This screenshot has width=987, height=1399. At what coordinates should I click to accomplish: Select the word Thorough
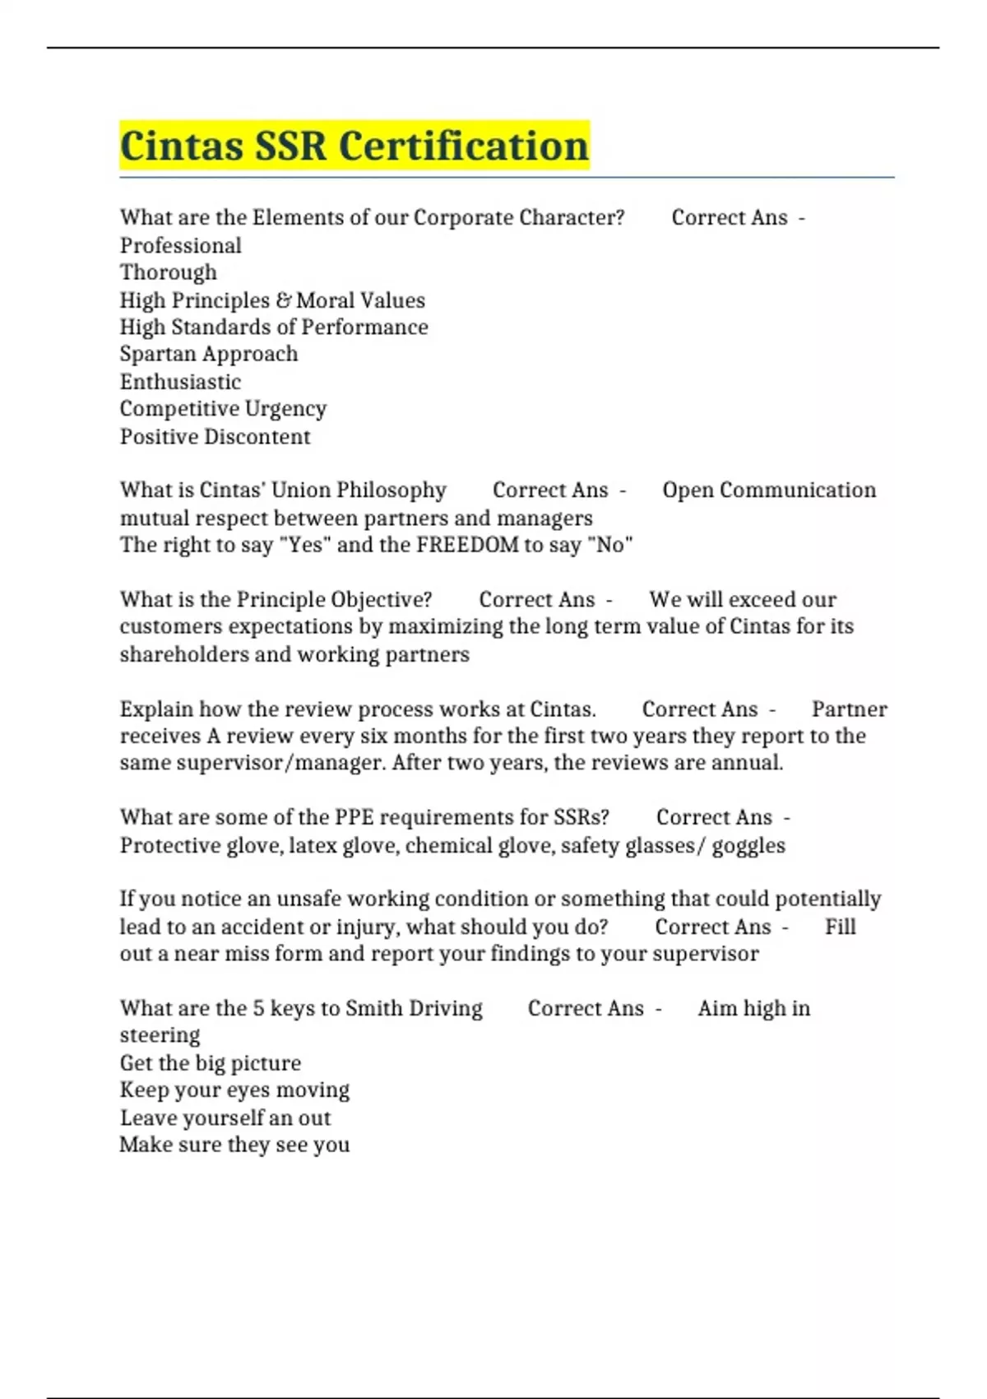pyautogui.click(x=169, y=272)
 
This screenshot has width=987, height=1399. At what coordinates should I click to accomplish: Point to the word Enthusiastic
pyautogui.click(x=180, y=382)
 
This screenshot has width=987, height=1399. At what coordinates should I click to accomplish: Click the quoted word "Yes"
pyautogui.click(x=304, y=545)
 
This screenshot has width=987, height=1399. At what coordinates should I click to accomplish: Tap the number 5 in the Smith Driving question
pyautogui.click(x=258, y=1008)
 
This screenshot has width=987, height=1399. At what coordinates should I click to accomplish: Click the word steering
pyautogui.click(x=160, y=1035)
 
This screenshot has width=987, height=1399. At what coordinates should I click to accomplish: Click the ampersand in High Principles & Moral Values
pyautogui.click(x=283, y=300)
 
